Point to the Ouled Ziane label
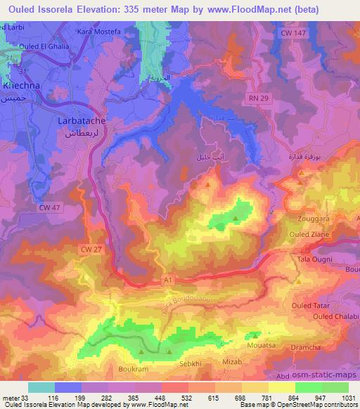pyautogui.click(x=311, y=234)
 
